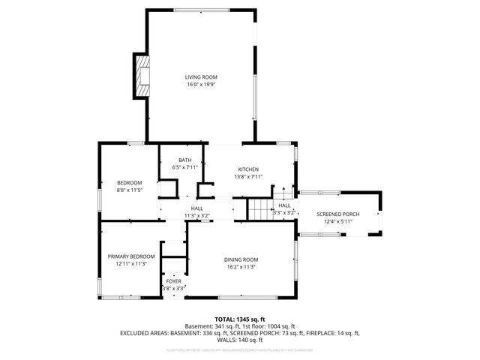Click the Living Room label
[202, 76]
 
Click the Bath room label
[184, 160]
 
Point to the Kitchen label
[248, 169]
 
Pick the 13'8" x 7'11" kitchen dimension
[248, 177]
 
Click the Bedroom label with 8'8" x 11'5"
[129, 183]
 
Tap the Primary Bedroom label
[130, 256]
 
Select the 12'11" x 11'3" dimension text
[130, 264]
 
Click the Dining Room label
[241, 259]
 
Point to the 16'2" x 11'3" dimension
[241, 267]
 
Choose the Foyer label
[174, 281]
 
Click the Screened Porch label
[337, 214]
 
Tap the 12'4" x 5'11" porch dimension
[337, 222]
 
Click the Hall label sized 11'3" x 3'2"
[196, 208]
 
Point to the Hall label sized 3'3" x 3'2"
[284, 205]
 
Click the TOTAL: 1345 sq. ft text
[239, 319]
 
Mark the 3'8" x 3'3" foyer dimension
[174, 288]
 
